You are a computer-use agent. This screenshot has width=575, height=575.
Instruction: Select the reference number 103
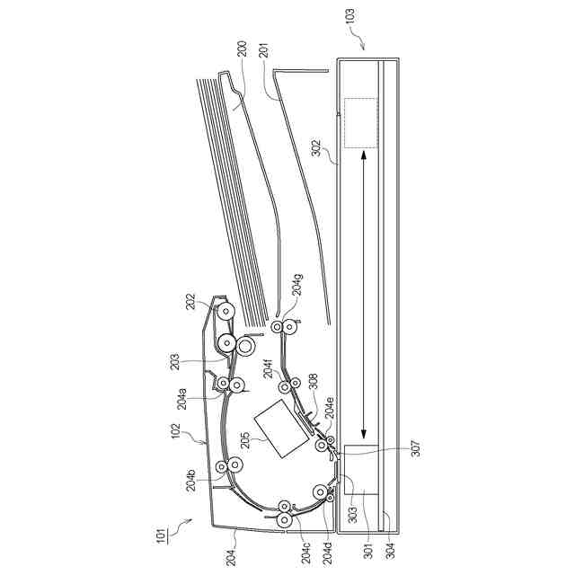pos(350,16)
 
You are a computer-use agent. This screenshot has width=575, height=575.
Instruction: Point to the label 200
pos(243,49)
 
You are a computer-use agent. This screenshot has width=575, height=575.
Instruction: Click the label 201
pos(264,50)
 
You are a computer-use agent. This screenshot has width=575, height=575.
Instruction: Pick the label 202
pos(191,303)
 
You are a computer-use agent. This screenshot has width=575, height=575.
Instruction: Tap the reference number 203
pos(175,361)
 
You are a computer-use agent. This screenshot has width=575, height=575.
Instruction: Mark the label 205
pos(245,439)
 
